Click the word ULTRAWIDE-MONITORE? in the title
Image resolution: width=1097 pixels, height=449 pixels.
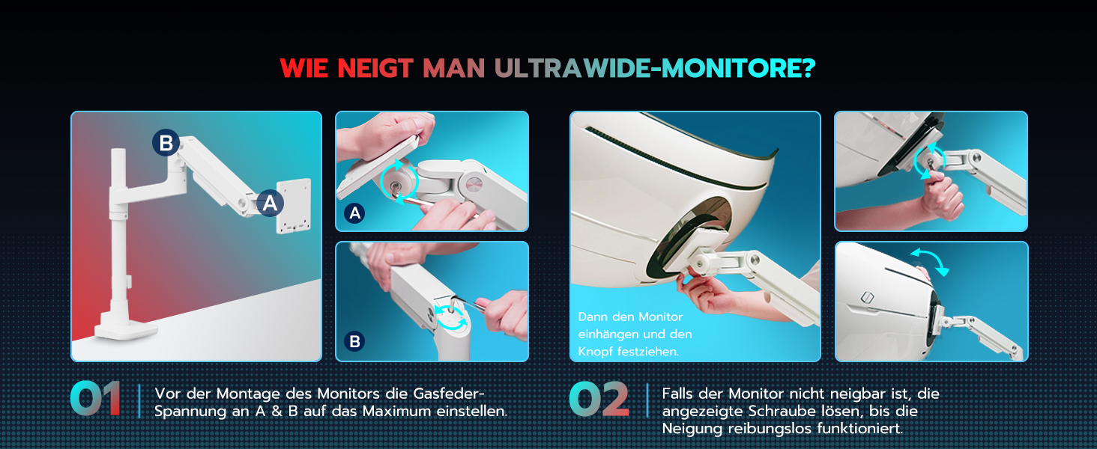coord(655,68)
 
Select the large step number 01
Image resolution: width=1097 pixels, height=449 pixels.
coord(96,399)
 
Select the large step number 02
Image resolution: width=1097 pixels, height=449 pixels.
coord(599,399)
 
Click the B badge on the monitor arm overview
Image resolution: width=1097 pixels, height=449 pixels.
coord(166,143)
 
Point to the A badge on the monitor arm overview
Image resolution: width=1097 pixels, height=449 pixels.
coord(270,203)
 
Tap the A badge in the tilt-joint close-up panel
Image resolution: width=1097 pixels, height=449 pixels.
coord(354,213)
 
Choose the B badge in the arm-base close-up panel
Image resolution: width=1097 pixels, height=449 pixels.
coord(354,341)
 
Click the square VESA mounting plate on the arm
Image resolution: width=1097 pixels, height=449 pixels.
coord(294,206)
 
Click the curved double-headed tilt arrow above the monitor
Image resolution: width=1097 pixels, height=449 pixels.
coord(929,260)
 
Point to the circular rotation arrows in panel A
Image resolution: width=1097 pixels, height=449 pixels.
coord(399,181)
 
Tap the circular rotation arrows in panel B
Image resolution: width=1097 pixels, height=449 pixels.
coord(451,317)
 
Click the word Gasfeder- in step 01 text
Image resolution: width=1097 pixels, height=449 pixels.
coord(449,394)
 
